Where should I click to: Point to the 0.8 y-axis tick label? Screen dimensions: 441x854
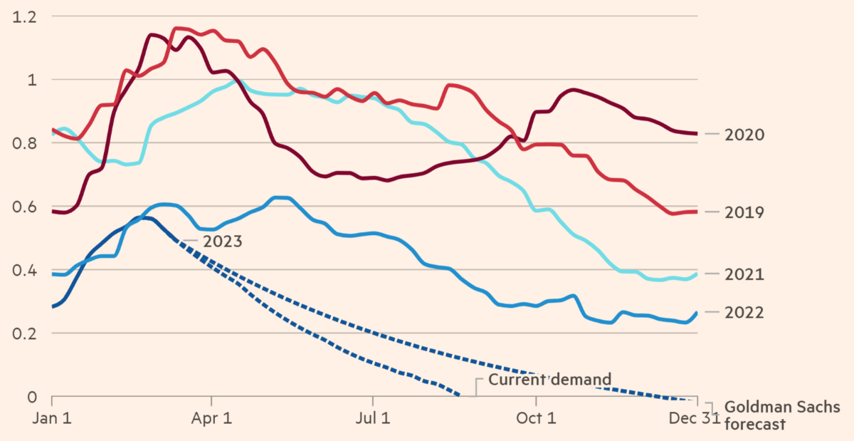22,142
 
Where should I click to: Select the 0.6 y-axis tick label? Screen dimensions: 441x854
22,207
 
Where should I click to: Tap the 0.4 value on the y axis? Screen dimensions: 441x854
22,270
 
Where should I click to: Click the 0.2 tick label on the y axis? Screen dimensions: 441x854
22,333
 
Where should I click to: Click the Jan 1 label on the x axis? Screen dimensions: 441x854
53,418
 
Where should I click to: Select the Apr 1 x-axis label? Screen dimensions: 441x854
212,418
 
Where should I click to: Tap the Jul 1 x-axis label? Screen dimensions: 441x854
372,418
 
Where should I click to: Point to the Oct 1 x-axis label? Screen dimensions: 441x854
534,418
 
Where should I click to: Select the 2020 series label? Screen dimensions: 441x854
744,134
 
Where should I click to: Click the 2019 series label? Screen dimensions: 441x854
744,212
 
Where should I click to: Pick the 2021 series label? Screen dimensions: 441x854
744,274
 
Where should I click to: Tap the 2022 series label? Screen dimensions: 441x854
744,312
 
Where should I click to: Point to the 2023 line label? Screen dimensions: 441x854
222,241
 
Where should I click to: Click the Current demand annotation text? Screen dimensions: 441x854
549,379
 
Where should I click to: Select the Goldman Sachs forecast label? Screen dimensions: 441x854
781,415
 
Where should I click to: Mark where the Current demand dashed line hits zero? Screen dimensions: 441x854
459,396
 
